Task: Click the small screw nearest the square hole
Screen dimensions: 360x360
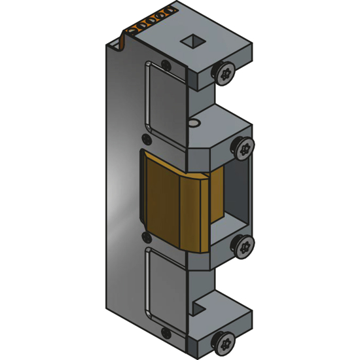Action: tap(166, 65)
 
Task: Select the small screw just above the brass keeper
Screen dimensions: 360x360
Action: tap(145, 139)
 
